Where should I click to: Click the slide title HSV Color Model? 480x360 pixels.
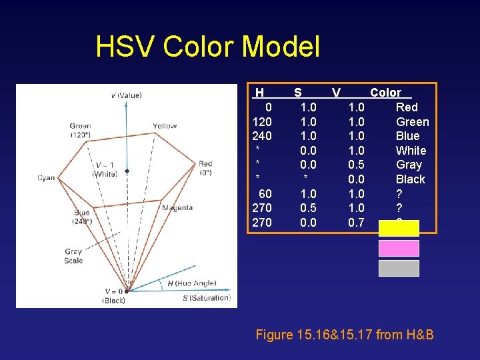[207, 47]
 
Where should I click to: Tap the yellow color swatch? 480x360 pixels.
[399, 229]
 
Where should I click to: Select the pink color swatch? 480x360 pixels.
[399, 248]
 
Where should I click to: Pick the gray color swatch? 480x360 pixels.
[399, 268]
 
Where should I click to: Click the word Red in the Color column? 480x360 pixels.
[407, 107]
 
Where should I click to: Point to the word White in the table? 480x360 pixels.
[411, 151]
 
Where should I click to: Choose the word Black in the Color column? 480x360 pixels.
[411, 179]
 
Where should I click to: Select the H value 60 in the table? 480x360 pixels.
[265, 194]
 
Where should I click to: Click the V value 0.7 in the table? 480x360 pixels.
[356, 223]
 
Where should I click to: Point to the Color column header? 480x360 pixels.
[385, 93]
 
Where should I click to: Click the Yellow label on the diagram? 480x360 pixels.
[165, 126]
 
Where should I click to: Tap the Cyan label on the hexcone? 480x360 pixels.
[47, 178]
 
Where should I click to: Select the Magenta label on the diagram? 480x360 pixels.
[177, 208]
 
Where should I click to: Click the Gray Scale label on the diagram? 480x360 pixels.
[73, 256]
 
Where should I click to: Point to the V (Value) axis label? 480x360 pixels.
[126, 95]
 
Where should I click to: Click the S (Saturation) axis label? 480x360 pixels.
[206, 298]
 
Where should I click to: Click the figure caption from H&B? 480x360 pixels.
[345, 335]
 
